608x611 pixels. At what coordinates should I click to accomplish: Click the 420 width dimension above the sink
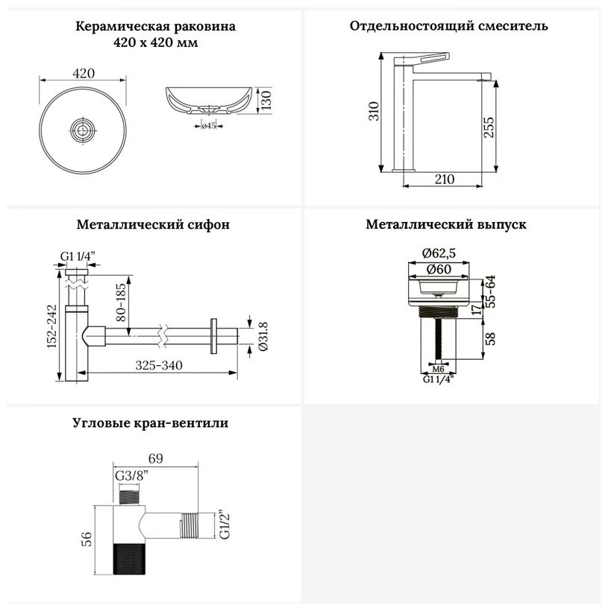(84, 73)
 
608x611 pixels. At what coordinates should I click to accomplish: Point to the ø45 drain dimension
(209, 125)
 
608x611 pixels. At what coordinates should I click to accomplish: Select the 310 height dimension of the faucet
(374, 111)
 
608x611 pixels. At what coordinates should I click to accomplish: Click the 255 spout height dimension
(489, 127)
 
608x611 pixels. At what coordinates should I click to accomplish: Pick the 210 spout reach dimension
(445, 180)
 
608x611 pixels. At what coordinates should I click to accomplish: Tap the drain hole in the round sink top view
(83, 130)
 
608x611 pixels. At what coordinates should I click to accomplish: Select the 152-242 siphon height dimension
(52, 326)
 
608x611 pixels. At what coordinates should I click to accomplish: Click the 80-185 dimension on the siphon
(122, 303)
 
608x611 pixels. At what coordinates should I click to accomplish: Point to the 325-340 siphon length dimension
(159, 365)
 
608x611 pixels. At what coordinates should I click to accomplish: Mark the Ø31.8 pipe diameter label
(264, 336)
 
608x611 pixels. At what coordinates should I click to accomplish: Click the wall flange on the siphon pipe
(213, 336)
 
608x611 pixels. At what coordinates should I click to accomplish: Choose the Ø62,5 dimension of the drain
(439, 253)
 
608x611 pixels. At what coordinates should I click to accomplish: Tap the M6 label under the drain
(439, 369)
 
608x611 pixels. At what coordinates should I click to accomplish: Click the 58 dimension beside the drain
(492, 338)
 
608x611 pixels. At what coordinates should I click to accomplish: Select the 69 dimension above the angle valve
(155, 458)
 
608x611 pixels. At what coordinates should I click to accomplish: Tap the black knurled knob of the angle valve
(130, 559)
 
